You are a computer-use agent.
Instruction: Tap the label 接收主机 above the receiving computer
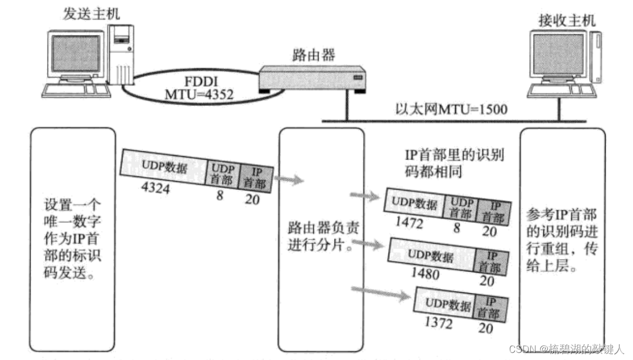click(x=566, y=21)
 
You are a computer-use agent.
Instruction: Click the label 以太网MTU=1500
click(x=451, y=109)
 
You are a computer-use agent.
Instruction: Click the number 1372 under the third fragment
click(x=438, y=323)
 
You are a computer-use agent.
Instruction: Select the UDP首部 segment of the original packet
click(x=223, y=174)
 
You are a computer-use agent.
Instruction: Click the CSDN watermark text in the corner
click(x=566, y=350)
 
